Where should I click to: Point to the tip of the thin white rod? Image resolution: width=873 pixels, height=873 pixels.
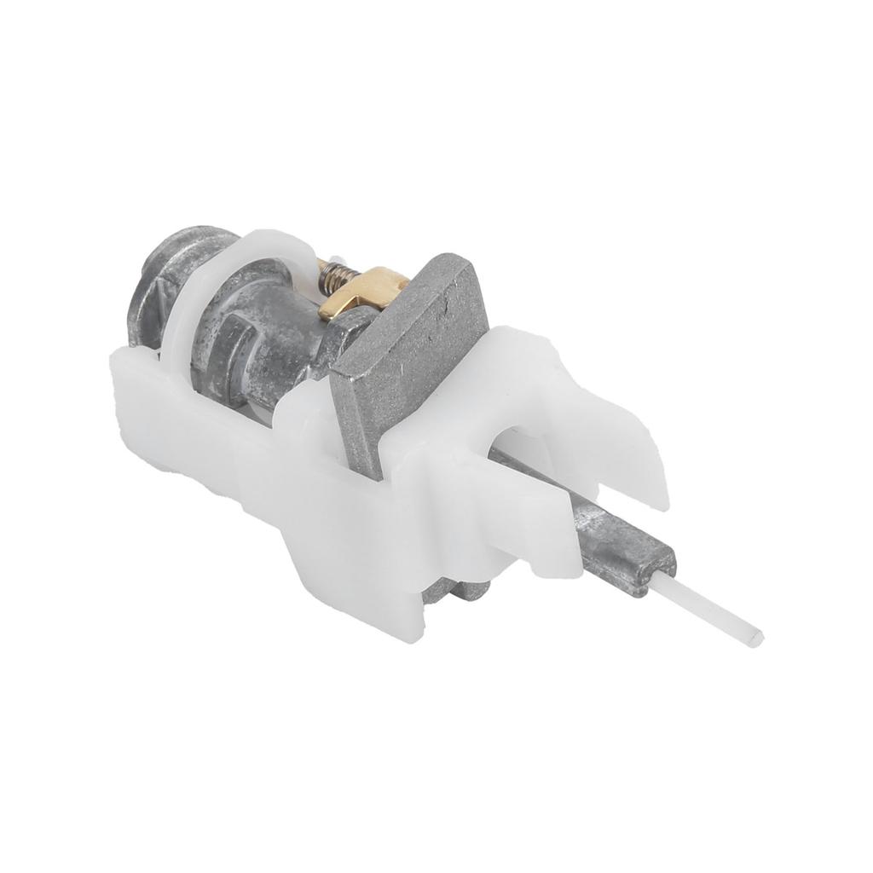coord(756,636)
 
